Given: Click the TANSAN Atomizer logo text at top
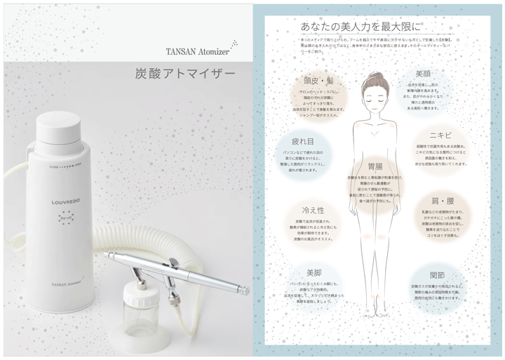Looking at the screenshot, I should pyautogui.click(x=196, y=50).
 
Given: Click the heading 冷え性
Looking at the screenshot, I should pyautogui.click(x=313, y=209).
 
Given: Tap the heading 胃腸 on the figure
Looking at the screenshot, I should pyautogui.click(x=375, y=167).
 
